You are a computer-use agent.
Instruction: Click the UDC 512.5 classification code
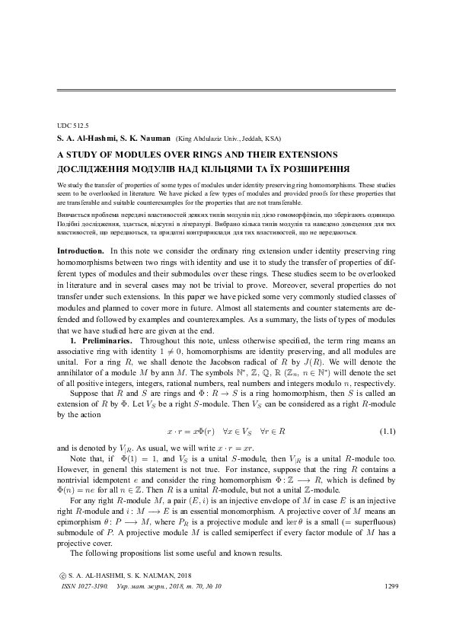click(x=73, y=124)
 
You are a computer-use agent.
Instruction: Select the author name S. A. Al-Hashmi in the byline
click(x=85, y=138)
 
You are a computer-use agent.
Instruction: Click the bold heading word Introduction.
click(x=81, y=250)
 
